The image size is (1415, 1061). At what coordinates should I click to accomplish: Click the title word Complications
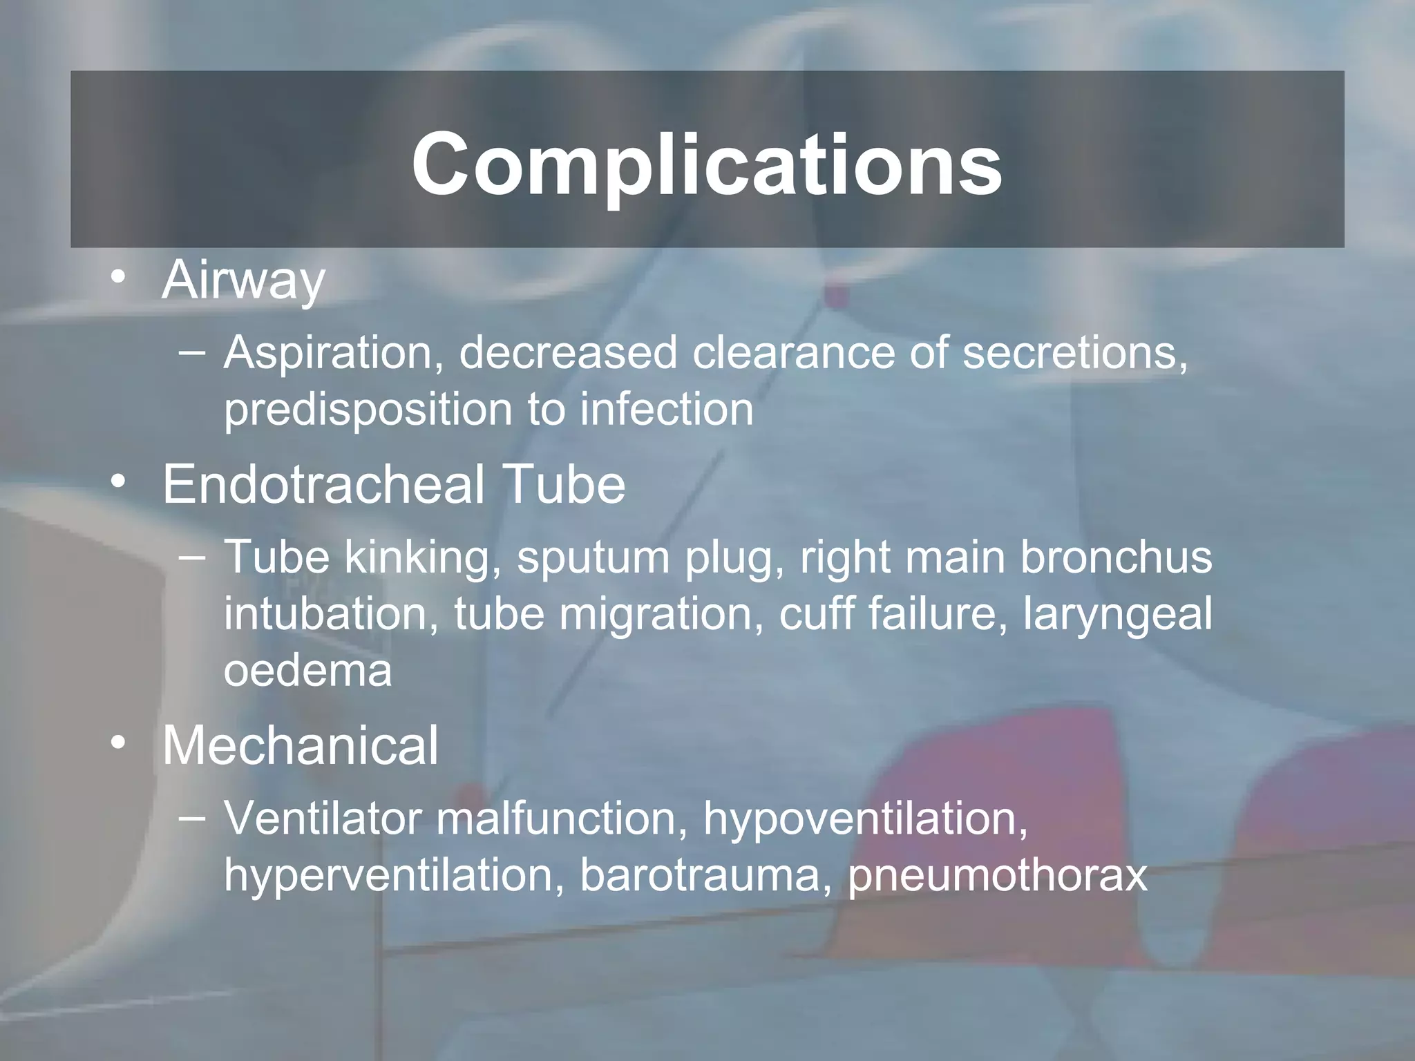click(x=706, y=164)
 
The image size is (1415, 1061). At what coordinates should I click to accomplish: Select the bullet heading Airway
click(x=243, y=280)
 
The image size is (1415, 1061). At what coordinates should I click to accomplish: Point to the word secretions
click(x=1074, y=352)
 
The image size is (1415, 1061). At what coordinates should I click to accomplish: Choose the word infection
click(x=666, y=409)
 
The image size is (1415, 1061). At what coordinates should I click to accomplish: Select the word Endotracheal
click(x=323, y=484)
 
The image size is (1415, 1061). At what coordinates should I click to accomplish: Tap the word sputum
click(x=593, y=558)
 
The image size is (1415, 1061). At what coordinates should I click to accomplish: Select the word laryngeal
click(x=1117, y=615)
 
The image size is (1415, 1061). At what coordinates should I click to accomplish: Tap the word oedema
click(x=307, y=670)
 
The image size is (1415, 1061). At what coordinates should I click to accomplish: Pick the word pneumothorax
click(x=998, y=876)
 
